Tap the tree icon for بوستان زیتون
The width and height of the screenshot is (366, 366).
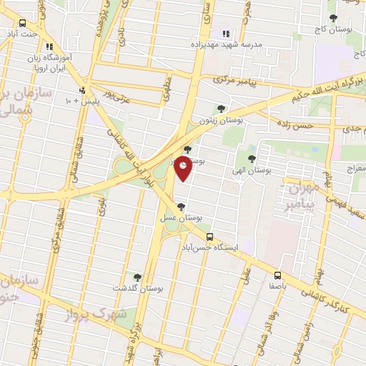pos(220,109)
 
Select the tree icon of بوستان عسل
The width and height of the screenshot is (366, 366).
pos(179,206)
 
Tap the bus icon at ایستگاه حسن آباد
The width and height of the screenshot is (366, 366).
pos(209,237)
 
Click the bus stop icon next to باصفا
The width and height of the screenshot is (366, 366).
pos(277,275)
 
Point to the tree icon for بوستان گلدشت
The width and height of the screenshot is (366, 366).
pos(137,277)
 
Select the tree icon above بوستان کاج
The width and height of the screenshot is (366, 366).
pos(332,18)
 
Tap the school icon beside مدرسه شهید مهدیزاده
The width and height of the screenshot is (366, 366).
pos(226,34)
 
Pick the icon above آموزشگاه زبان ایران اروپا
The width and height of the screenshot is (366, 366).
pos(49,46)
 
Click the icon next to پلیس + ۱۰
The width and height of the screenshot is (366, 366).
pos(83,90)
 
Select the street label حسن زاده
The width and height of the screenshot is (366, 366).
pos(297,126)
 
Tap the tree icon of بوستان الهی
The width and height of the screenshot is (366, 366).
pos(252,159)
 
